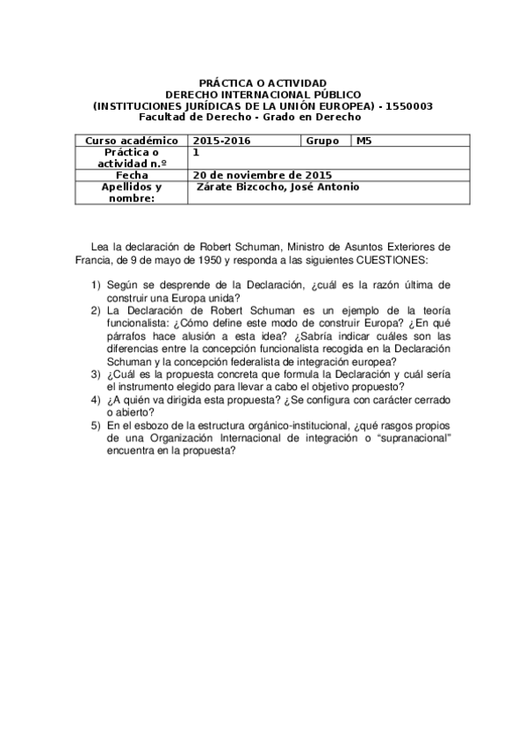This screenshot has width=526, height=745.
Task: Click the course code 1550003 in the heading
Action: point(408,106)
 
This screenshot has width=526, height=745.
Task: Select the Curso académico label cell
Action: point(132,141)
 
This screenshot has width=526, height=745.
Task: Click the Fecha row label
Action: point(132,175)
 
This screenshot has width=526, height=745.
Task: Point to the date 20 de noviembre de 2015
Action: point(247,175)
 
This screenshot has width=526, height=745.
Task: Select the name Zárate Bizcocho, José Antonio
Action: point(277,187)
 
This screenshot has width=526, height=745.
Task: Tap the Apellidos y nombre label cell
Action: point(132,192)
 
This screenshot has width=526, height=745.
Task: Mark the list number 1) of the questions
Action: point(96,286)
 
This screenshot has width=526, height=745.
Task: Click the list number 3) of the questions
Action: point(96,373)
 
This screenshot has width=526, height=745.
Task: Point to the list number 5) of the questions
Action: point(96,425)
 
